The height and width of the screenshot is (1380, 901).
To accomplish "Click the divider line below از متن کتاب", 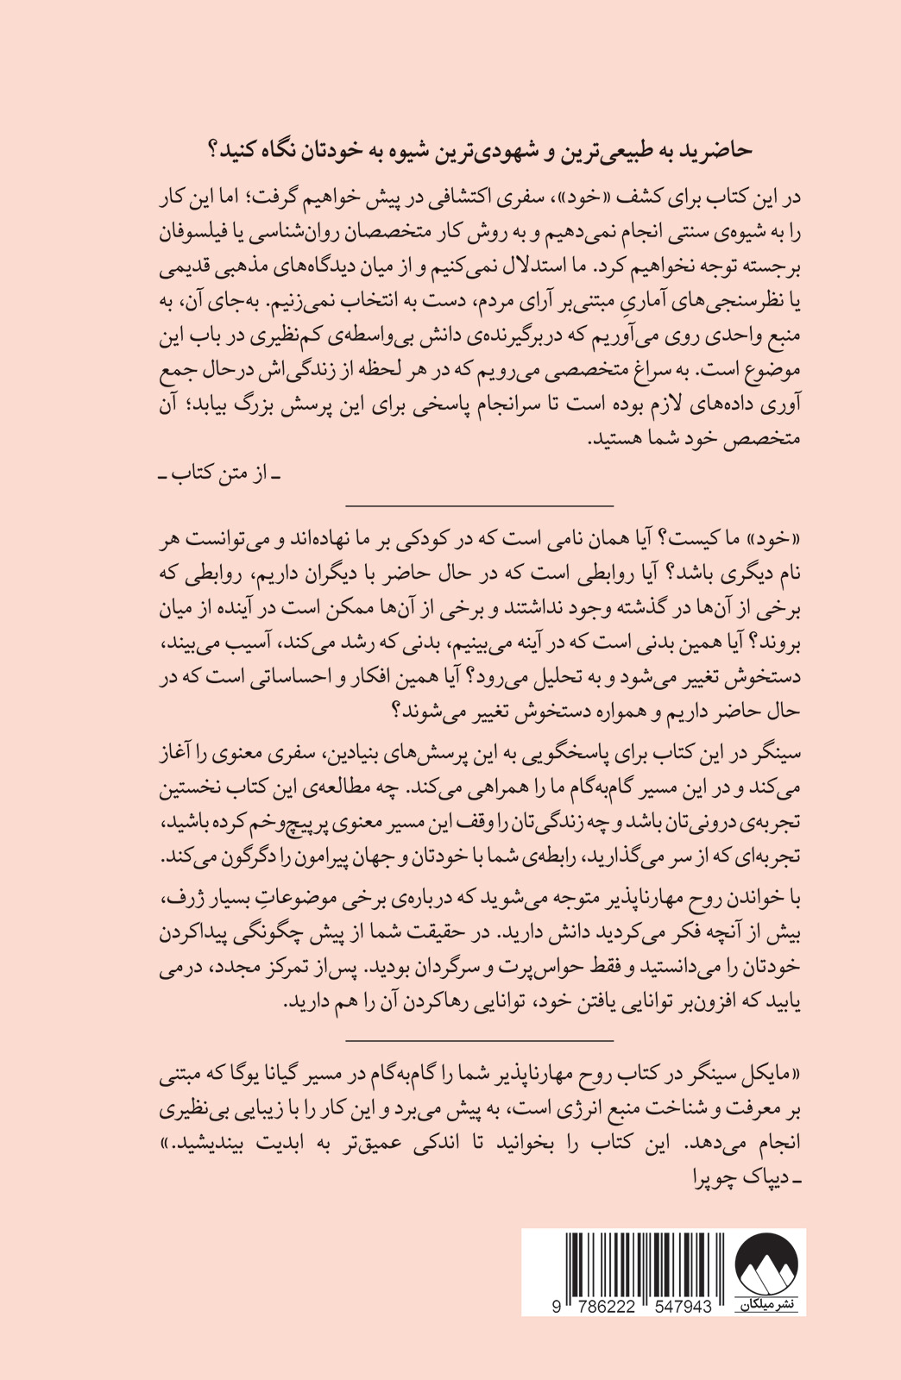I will [x=479, y=505].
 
